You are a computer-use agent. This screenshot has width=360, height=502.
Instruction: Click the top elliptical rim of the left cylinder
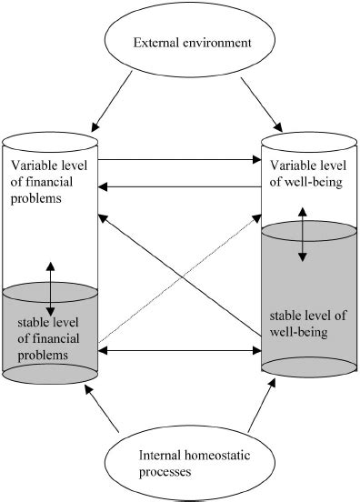tap(49, 143)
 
